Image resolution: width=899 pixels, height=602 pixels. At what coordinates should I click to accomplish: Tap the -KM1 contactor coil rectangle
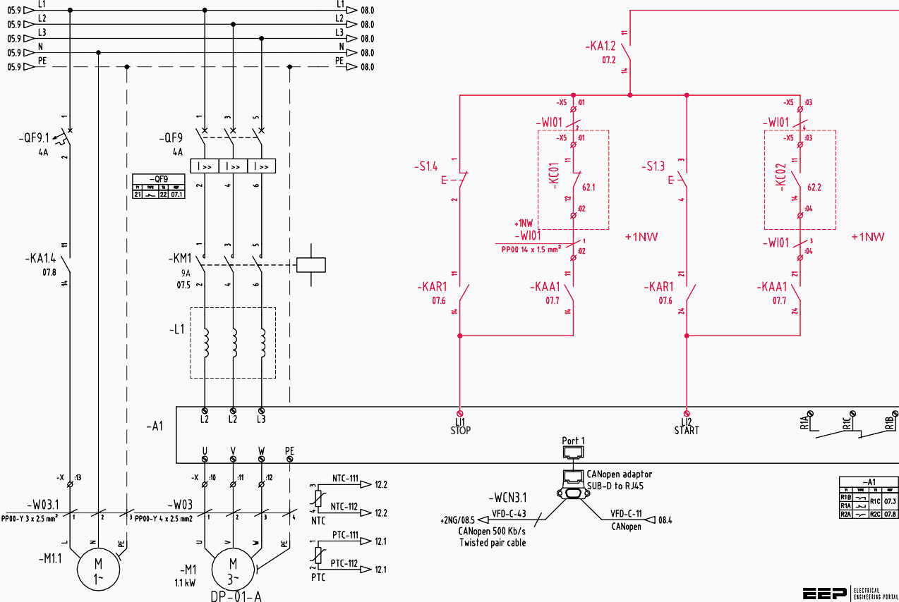coord(310,264)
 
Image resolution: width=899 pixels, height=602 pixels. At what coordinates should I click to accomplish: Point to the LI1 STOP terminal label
coord(460,426)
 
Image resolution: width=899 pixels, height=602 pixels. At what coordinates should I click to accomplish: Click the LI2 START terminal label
coord(686,426)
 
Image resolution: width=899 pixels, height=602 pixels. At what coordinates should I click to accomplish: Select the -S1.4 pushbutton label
coord(426,167)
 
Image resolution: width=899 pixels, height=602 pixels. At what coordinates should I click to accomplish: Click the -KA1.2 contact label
coord(601,47)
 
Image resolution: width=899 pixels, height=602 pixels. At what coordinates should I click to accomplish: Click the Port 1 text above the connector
coord(573,441)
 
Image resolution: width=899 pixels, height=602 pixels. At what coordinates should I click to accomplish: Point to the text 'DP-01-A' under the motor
coord(236,596)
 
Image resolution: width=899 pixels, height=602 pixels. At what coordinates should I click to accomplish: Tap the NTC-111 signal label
coord(345,477)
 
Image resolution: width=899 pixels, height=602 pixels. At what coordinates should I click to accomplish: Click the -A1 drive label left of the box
coord(155,426)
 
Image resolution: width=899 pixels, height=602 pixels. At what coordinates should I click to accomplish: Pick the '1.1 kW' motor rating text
coord(186,583)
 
